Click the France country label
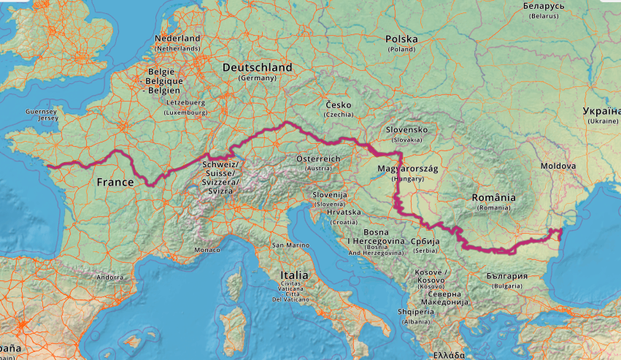coord(115,182)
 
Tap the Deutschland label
coord(257,67)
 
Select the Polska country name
coord(401,39)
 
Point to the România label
coord(493,197)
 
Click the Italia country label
coord(294,275)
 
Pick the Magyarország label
coord(408,168)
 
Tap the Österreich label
coord(318,158)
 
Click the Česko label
coord(339,104)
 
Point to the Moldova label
coord(558,166)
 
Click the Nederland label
coord(177,38)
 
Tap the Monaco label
coord(207,250)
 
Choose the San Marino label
coord(288,245)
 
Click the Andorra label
coord(110,277)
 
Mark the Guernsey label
coord(40,111)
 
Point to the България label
coord(506,276)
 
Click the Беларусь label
coord(544,6)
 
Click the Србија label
coord(425,240)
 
